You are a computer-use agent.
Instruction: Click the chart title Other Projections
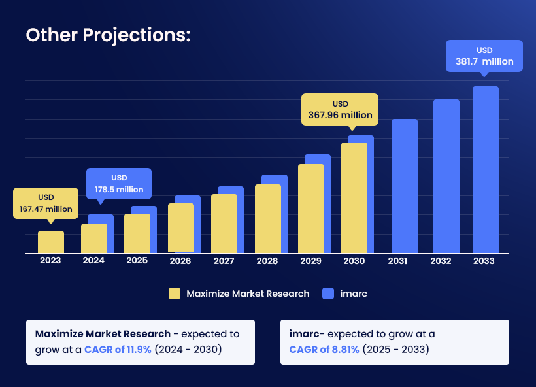[x=108, y=35]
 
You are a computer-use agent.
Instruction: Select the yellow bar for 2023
[x=50, y=242]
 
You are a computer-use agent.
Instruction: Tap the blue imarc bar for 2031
[x=404, y=186]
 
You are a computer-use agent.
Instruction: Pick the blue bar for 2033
[x=486, y=170]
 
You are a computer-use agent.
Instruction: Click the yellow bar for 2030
[x=354, y=198]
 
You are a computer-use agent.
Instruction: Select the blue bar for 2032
[x=446, y=177]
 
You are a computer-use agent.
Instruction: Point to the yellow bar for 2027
[x=224, y=224]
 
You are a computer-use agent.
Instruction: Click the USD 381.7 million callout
[x=484, y=56]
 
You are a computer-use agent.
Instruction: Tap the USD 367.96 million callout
[x=340, y=110]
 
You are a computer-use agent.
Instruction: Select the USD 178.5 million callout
[x=119, y=184]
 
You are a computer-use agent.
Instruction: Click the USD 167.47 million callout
[x=46, y=203]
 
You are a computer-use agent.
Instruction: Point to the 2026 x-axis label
[x=180, y=261]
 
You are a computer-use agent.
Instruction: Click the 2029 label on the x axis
[x=311, y=261]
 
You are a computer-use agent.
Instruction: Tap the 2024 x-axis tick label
[x=93, y=261]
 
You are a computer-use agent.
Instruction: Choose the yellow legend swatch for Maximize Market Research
[x=174, y=294]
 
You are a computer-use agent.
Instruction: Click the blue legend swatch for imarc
[x=329, y=294]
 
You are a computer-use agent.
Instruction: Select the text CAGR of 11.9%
[x=118, y=350]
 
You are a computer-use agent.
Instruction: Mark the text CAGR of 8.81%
[x=324, y=350]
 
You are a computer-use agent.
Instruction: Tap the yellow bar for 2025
[x=137, y=233]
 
